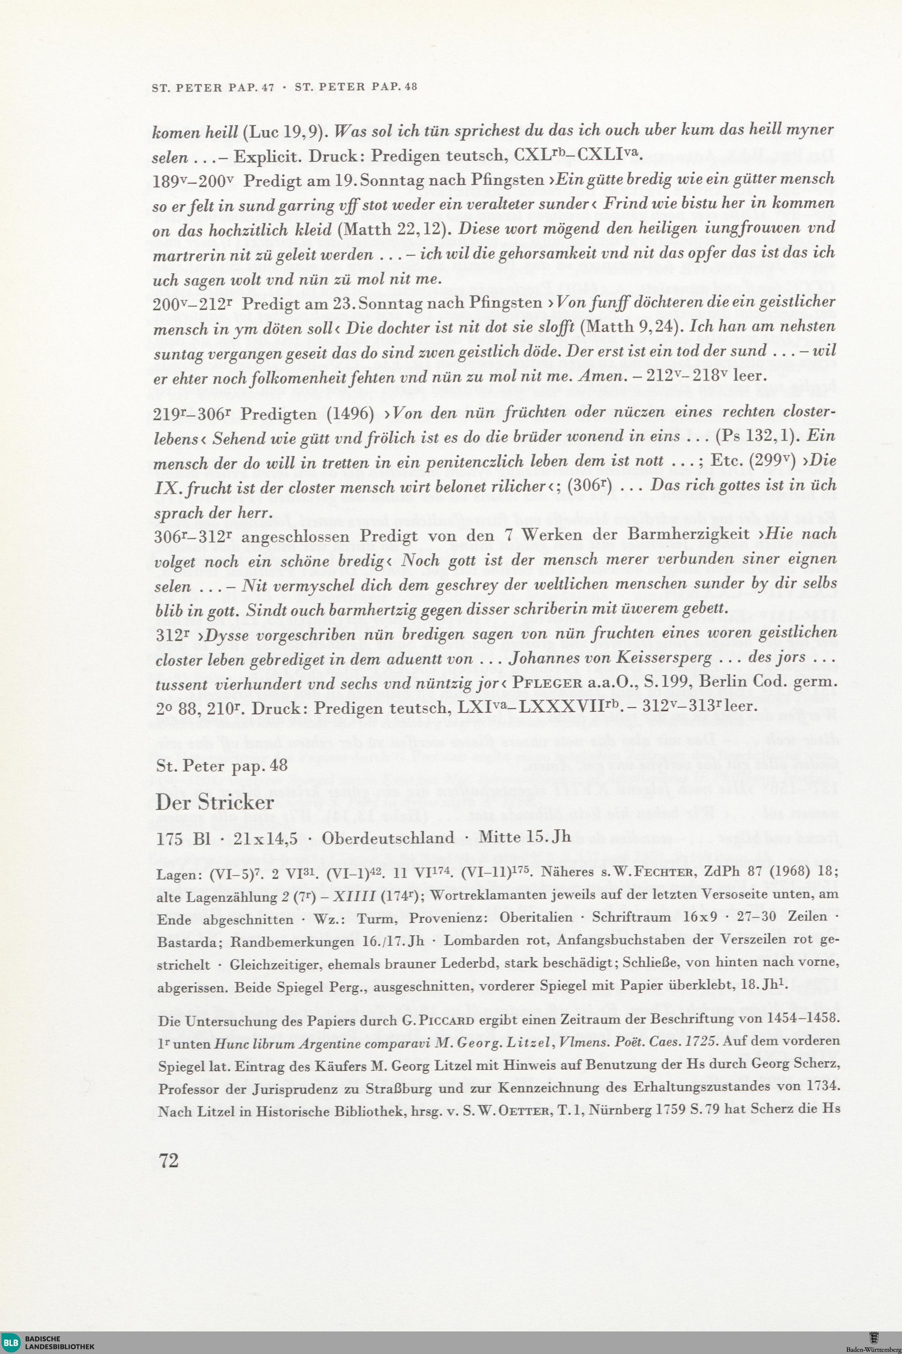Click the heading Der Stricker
click(x=215, y=803)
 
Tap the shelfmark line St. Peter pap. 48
click(x=221, y=767)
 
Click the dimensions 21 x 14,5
click(x=265, y=838)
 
